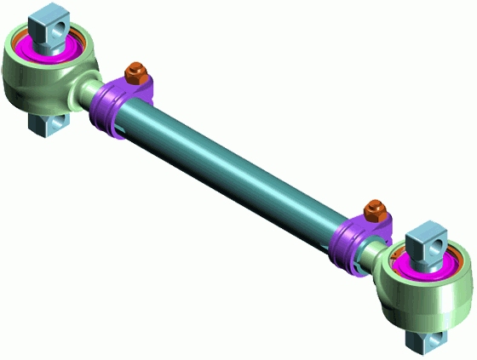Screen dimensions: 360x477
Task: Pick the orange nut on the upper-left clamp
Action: [135, 72]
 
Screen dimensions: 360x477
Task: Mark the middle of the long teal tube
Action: [238, 170]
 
